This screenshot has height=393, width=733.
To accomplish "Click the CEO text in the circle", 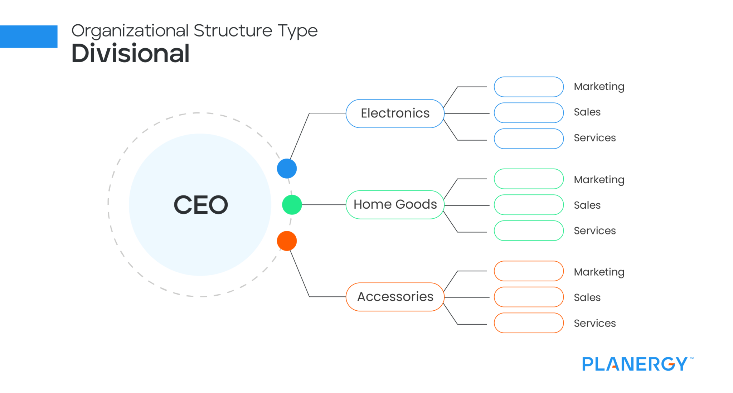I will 200,205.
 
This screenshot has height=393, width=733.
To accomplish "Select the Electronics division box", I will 395,113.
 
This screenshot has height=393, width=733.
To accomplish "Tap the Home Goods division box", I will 395,205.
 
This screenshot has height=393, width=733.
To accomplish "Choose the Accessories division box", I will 395,297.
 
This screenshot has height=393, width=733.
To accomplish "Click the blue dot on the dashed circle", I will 287,169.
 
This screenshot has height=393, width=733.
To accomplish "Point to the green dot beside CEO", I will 292,205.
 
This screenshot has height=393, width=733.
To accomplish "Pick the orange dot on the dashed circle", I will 287,241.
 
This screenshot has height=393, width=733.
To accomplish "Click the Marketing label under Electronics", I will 599,87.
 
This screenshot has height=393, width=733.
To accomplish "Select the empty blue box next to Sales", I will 529,113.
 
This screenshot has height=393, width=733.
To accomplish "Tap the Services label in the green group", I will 594,231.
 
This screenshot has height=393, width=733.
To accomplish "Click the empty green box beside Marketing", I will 529,179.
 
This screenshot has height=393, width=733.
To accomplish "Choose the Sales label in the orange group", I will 587,297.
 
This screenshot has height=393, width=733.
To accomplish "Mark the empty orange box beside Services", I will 529,323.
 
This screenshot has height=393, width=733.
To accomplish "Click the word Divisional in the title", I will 130,53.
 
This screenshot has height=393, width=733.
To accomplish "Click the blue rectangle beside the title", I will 29,37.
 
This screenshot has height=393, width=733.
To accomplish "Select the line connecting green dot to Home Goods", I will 324,205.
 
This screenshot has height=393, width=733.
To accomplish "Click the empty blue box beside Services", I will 529,139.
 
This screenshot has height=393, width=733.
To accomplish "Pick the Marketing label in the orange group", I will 599,272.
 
